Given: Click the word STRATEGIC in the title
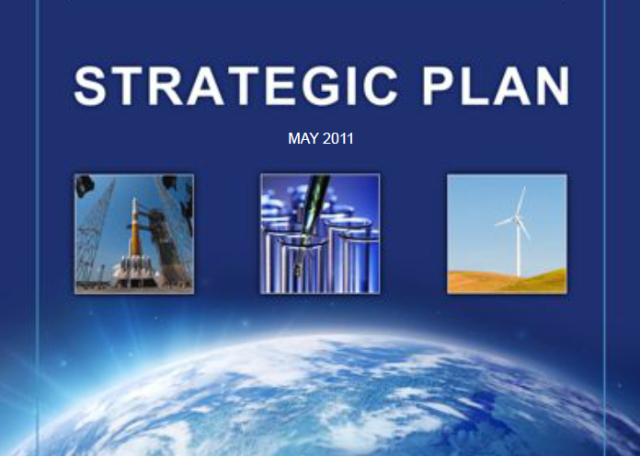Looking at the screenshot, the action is point(236,86).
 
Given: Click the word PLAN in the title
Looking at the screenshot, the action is point(496,86).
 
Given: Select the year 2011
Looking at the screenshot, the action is point(338,138).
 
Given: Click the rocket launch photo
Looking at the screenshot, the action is point(134,234).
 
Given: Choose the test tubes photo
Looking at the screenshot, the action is point(320,234).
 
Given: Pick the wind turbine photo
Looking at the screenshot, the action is point(507,234).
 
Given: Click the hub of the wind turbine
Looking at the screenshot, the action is point(518,219).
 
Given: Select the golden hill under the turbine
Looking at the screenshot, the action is point(507,281).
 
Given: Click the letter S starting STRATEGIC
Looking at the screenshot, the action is point(89,86).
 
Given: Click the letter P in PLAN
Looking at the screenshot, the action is point(439,86).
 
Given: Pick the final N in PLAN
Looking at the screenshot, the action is point(553,86).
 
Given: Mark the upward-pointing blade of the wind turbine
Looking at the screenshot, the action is point(520,201).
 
